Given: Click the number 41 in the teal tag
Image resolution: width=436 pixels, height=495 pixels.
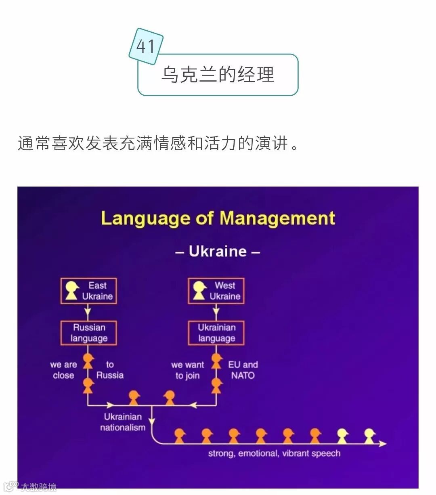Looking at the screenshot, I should (x=146, y=46).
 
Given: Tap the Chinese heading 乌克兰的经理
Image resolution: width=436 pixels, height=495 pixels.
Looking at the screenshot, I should (x=218, y=75).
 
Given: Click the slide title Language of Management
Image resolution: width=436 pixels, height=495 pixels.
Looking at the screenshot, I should (x=218, y=218).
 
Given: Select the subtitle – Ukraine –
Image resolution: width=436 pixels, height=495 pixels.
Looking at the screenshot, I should (x=218, y=251).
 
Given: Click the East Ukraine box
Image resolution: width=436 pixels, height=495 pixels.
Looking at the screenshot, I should (x=89, y=291).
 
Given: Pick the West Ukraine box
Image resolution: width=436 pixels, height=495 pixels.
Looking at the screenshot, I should (x=216, y=291).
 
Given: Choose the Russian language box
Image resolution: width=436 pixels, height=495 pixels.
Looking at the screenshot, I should (x=89, y=333).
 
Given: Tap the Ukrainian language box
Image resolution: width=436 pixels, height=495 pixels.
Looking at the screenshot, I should (x=216, y=333).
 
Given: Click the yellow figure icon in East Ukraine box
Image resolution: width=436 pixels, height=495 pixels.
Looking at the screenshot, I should (x=72, y=290).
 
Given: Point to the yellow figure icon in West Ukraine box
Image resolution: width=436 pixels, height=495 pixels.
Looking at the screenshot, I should (x=199, y=290).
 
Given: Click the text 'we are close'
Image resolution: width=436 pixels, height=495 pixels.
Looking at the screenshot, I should (x=63, y=370).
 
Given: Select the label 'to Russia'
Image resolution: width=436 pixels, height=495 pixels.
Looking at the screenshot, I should (x=110, y=370).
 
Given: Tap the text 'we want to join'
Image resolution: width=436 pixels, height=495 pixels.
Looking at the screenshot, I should (x=187, y=370).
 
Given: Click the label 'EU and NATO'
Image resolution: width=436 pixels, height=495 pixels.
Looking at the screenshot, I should (x=243, y=370).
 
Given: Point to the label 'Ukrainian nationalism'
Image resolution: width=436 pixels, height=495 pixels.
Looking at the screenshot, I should (x=123, y=422).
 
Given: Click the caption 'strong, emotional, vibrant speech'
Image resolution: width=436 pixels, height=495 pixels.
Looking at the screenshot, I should (x=274, y=453).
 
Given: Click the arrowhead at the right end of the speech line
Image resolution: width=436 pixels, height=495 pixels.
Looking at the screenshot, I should (x=382, y=444).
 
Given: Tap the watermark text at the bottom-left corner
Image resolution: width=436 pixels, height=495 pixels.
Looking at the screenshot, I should (x=38, y=487).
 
